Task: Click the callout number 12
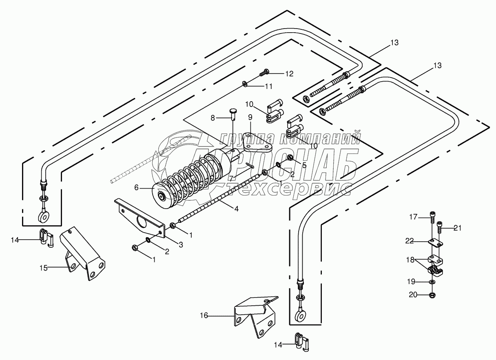point(289,74)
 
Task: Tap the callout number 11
point(268,86)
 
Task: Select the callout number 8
point(213,118)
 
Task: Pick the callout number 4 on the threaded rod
point(236,208)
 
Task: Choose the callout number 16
point(204,315)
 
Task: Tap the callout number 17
point(414,217)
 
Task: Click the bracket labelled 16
point(255,316)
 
